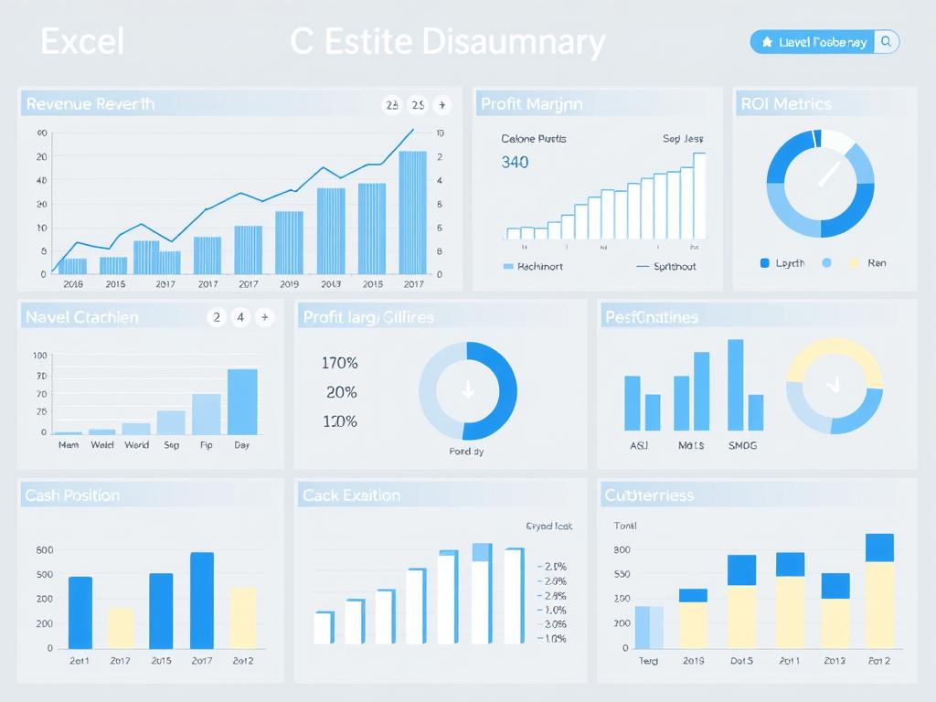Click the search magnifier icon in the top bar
(x=886, y=42)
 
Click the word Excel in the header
(x=82, y=42)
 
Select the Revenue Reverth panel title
(x=90, y=104)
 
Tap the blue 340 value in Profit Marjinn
(x=515, y=163)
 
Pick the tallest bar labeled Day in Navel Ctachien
(x=242, y=402)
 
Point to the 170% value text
(x=340, y=363)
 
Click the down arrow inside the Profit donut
(x=468, y=391)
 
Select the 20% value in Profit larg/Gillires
(x=341, y=392)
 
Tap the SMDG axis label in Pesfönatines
(x=742, y=446)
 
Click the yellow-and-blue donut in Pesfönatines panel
(x=835, y=387)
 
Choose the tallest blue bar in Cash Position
(x=202, y=600)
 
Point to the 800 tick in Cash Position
(x=44, y=550)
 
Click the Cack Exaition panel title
(x=351, y=495)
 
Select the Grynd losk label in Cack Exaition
(x=549, y=526)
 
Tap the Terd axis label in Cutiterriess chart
(x=648, y=661)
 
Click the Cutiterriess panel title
(x=649, y=495)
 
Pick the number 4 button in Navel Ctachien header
(x=240, y=317)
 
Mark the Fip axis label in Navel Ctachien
(x=207, y=445)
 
